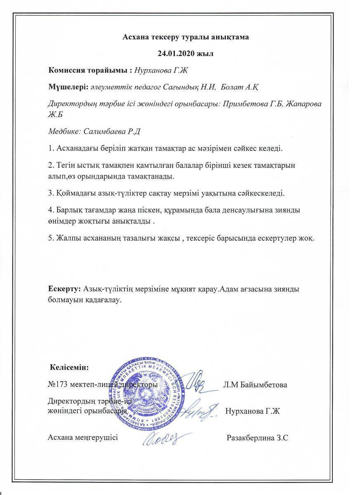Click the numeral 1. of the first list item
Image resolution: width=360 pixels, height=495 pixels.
[x=51, y=147]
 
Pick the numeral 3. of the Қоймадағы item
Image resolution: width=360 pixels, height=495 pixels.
[x=51, y=193]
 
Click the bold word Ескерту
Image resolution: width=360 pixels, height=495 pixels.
[x=64, y=289]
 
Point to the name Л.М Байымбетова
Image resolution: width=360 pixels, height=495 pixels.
[x=255, y=385]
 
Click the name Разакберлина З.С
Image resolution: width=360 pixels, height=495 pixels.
[x=257, y=438]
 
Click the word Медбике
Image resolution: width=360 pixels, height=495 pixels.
[x=64, y=132]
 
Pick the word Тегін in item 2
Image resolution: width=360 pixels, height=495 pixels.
[x=64, y=165]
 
